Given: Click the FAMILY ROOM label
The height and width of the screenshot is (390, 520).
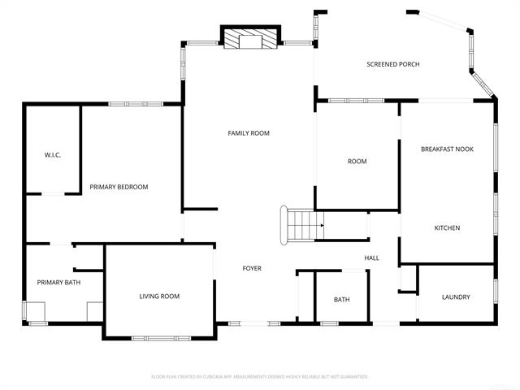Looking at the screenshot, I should [248, 133].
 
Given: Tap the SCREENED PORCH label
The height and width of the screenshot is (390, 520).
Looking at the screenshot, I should [392, 64].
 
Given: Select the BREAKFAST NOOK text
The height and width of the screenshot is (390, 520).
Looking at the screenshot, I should [447, 149].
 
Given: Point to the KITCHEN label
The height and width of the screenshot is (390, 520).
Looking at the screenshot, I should [447, 228].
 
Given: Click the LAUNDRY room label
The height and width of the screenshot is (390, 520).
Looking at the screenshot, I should [456, 297].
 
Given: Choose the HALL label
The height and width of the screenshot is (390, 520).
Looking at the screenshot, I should [371, 258].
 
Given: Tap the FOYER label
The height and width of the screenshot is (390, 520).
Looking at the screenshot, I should [252, 268].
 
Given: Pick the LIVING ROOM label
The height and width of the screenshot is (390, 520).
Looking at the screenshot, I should [159, 297].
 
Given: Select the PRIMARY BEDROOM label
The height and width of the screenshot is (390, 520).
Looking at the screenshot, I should [119, 187].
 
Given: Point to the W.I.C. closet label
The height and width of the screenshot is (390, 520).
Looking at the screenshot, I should [53, 155].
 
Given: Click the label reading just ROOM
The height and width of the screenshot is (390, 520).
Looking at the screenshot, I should [357, 162].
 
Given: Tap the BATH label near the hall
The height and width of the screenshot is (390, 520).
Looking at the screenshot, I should [341, 300].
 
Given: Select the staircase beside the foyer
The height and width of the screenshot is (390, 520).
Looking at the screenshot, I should [301, 225].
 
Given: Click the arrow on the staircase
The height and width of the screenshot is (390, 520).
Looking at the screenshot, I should [320, 225].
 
